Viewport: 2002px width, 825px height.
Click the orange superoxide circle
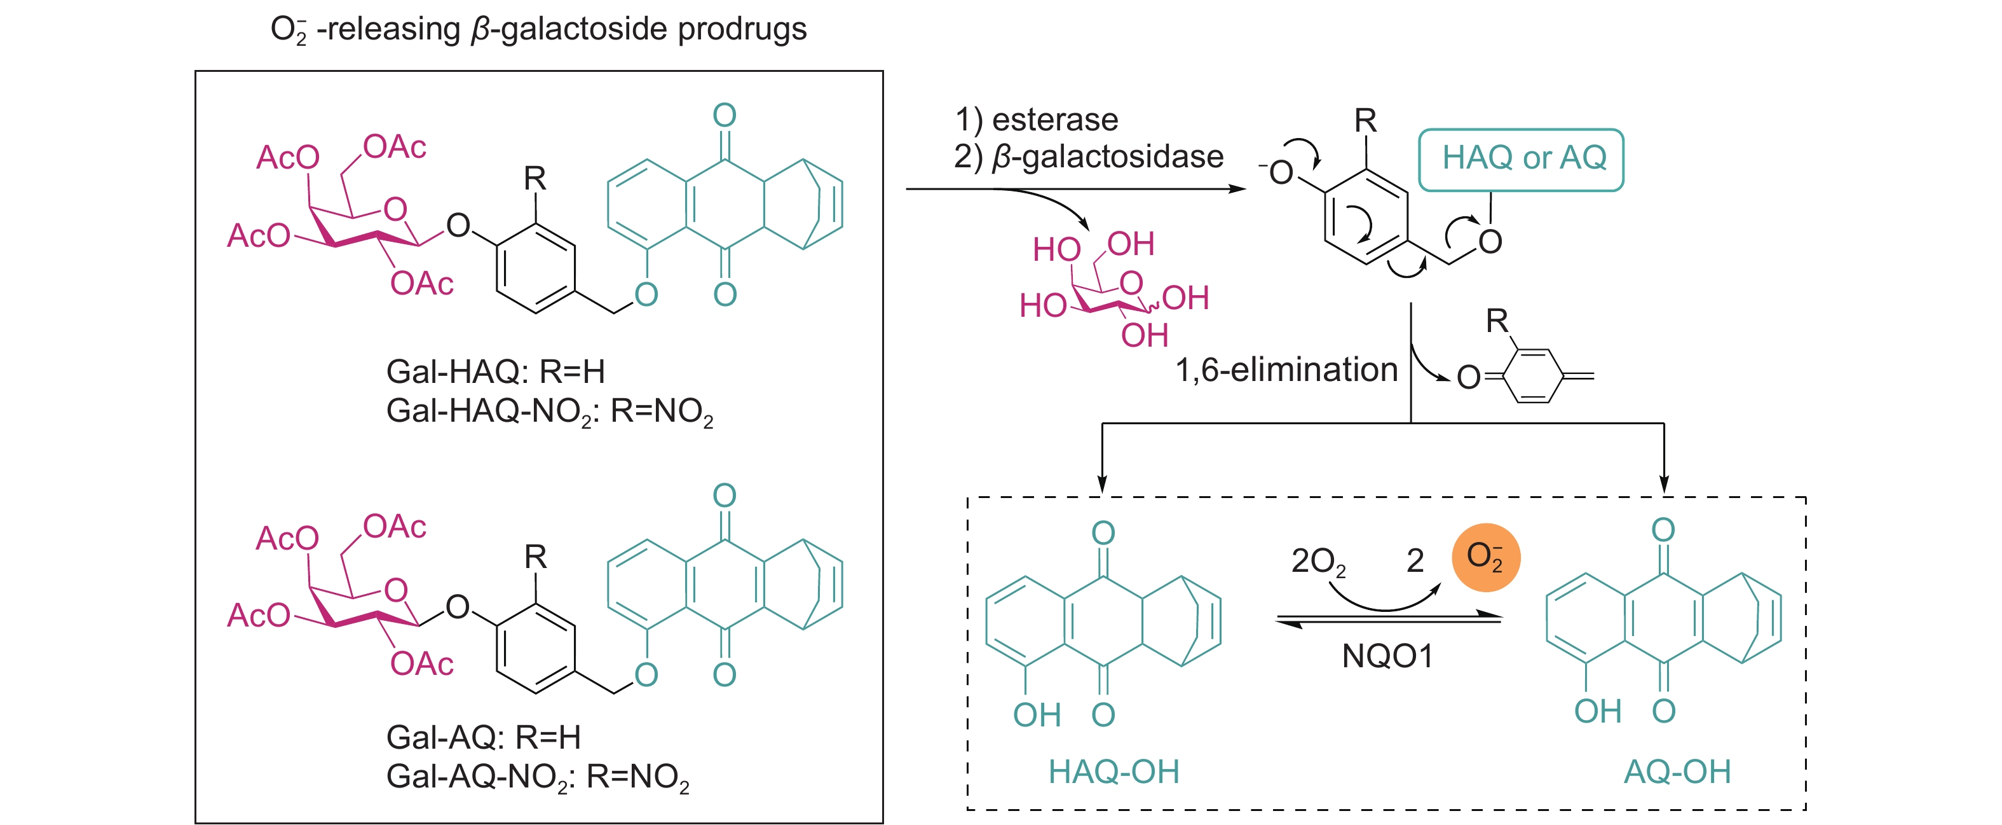[x=1485, y=557]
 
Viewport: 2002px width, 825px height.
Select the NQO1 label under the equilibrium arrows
[x=1387, y=656]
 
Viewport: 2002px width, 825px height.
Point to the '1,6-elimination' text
[x=1286, y=370]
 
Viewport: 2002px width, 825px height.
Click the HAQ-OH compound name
[x=1113, y=772]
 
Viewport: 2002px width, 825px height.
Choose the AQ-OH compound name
[x=1677, y=772]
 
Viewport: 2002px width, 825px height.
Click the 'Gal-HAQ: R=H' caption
[x=495, y=371]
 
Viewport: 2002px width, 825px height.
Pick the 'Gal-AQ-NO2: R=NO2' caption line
[x=537, y=777]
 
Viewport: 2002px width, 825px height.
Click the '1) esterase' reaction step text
[x=1036, y=120]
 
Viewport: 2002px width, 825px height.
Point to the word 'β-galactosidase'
[x=1108, y=157]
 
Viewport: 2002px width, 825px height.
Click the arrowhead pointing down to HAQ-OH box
[x=1102, y=485]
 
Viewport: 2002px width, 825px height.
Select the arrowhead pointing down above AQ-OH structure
[x=1664, y=485]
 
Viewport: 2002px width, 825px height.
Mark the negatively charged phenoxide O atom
[x=1280, y=172]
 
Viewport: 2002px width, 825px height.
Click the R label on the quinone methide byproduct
[x=1497, y=321]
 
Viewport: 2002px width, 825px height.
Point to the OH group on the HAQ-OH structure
[x=1037, y=714]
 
